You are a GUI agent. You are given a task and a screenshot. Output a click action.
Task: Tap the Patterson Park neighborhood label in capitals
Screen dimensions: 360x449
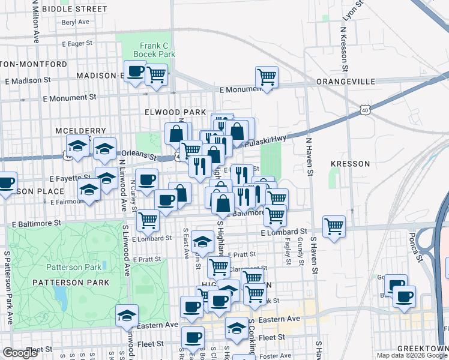tap(71, 282)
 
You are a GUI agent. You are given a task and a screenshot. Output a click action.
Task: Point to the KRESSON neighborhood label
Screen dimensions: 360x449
tap(348, 163)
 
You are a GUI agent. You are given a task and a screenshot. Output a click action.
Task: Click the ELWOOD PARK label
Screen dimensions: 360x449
tap(175, 112)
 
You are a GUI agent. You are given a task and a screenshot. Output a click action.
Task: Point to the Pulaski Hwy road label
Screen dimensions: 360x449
tap(268, 140)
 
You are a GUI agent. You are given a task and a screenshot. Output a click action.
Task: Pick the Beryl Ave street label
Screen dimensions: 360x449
tap(75, 22)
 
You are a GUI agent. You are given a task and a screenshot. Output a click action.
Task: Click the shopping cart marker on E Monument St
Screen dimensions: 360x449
tap(267, 77)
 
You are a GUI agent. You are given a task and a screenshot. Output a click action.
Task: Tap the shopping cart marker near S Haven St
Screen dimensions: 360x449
tap(334, 226)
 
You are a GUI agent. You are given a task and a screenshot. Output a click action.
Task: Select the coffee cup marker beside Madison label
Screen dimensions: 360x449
tap(136, 71)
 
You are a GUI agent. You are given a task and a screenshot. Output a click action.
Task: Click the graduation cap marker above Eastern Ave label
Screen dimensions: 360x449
tap(127, 315)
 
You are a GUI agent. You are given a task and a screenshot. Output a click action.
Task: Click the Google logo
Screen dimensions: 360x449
tap(20, 353)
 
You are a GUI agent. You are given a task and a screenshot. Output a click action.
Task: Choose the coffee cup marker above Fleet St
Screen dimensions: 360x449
tap(192, 339)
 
